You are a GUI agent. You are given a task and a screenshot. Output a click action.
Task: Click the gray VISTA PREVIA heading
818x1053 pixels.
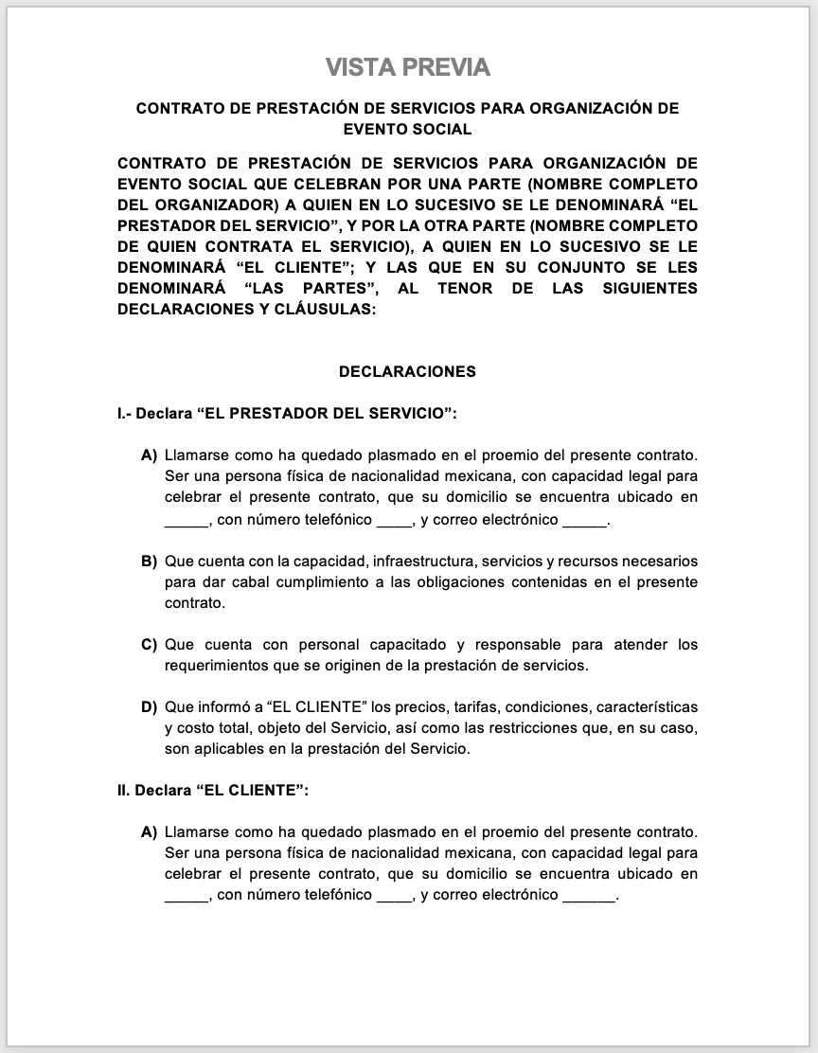tap(408, 67)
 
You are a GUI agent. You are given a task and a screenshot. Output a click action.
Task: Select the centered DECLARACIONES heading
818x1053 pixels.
tap(407, 372)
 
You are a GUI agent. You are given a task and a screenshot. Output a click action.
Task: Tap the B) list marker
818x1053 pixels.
tap(149, 562)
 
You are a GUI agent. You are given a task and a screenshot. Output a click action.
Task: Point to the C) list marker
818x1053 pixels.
tap(149, 645)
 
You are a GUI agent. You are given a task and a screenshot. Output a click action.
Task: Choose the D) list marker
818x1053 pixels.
tap(149, 707)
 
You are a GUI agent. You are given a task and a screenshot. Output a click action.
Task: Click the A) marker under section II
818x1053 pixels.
tap(149, 832)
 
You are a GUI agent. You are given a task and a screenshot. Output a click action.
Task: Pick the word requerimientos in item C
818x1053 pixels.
tap(210, 666)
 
